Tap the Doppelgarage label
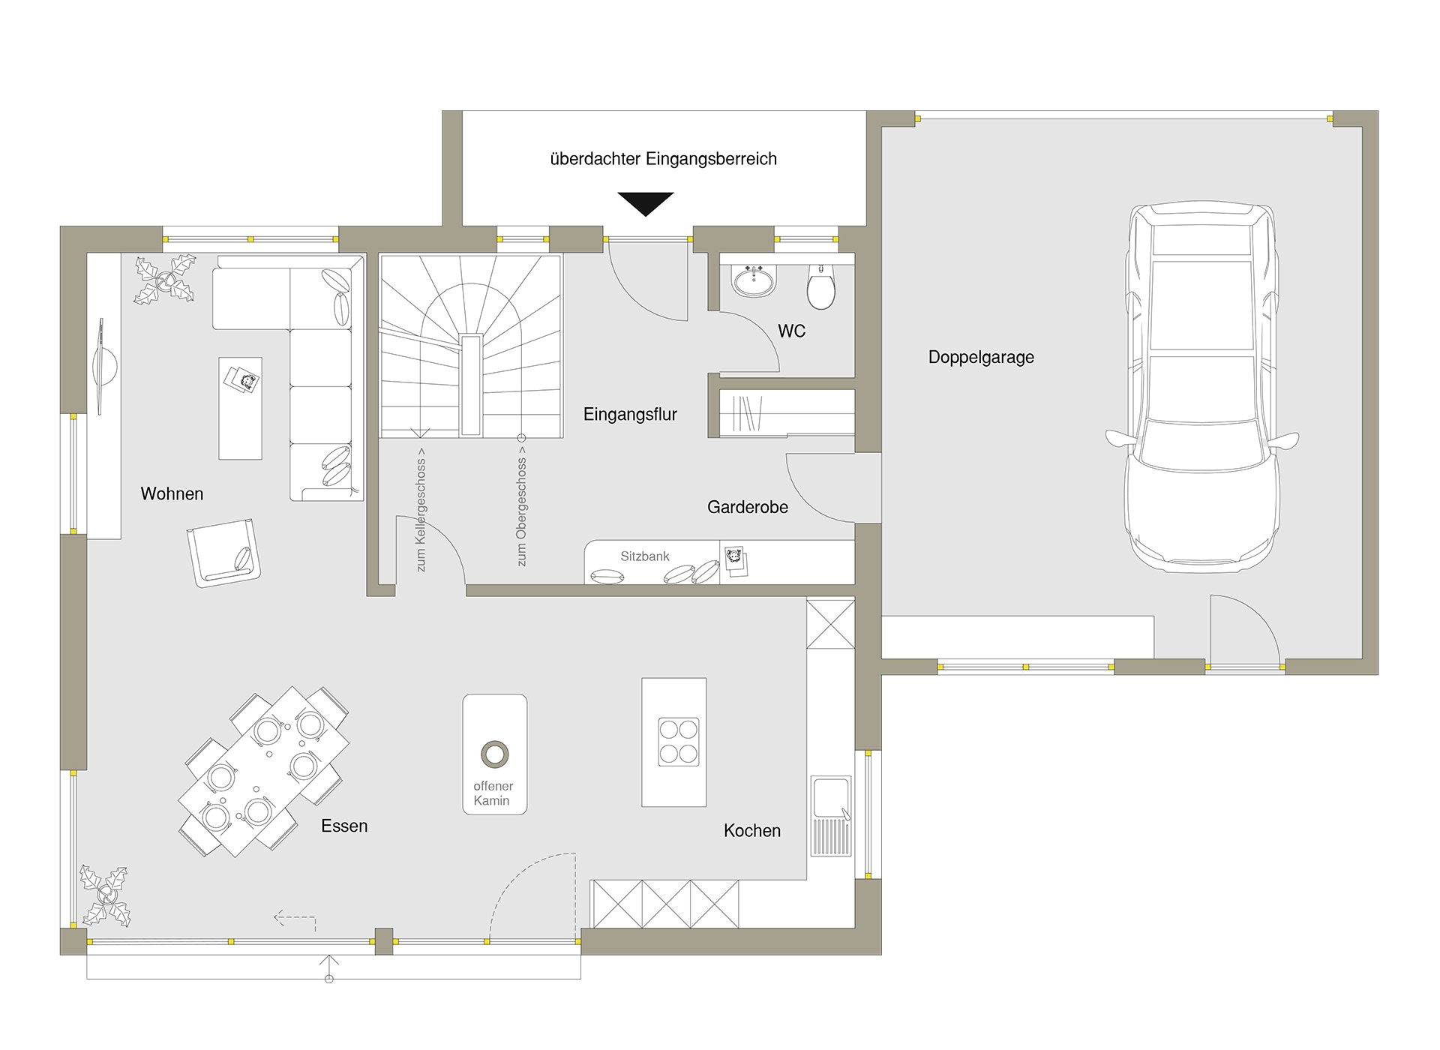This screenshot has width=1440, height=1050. point(981,357)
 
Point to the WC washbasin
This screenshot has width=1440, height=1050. point(754,281)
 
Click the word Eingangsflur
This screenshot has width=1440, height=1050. point(630,414)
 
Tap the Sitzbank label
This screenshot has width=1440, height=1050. point(645,556)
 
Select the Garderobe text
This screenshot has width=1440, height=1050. point(748,507)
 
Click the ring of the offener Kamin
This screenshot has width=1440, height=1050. point(495,754)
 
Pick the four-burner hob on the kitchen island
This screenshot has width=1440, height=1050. point(679,742)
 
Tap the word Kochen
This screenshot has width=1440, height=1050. point(752,830)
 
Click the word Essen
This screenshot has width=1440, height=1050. point(344,826)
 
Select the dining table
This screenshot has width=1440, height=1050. point(263,771)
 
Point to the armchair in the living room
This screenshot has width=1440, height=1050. point(224,553)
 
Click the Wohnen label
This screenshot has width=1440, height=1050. point(172,493)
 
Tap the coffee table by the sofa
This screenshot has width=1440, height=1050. point(240,408)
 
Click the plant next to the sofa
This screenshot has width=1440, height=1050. point(165,280)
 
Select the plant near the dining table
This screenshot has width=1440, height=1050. point(106,895)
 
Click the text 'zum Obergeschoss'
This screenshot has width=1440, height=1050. point(521,511)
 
